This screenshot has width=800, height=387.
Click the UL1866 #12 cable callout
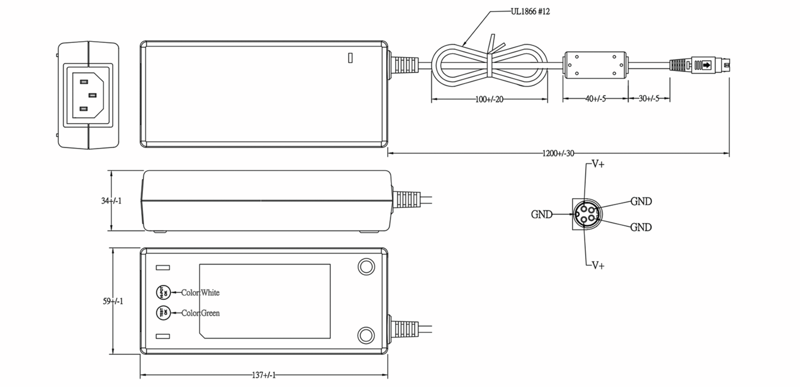(x=530, y=12)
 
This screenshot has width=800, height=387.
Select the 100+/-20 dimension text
(x=489, y=99)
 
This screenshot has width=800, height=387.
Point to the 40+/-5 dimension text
(x=595, y=99)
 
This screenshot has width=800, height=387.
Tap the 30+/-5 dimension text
(x=649, y=98)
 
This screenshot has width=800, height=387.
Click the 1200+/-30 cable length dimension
(x=558, y=153)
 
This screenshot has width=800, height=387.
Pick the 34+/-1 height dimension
(x=111, y=201)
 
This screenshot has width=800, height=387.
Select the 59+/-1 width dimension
(x=113, y=301)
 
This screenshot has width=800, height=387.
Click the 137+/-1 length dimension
(x=264, y=375)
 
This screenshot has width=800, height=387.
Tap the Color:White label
(x=200, y=293)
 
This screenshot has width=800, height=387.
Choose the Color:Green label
(x=200, y=313)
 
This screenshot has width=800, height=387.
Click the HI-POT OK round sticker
(x=163, y=292)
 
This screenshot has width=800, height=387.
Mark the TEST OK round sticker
(x=163, y=313)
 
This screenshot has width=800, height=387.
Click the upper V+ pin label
(x=598, y=164)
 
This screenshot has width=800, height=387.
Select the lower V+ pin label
(x=598, y=265)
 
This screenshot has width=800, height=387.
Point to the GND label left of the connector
(x=541, y=214)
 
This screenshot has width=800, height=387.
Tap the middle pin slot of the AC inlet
(x=92, y=95)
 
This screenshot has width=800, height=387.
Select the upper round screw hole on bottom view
(x=366, y=267)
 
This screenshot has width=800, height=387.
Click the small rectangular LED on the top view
(x=350, y=58)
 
